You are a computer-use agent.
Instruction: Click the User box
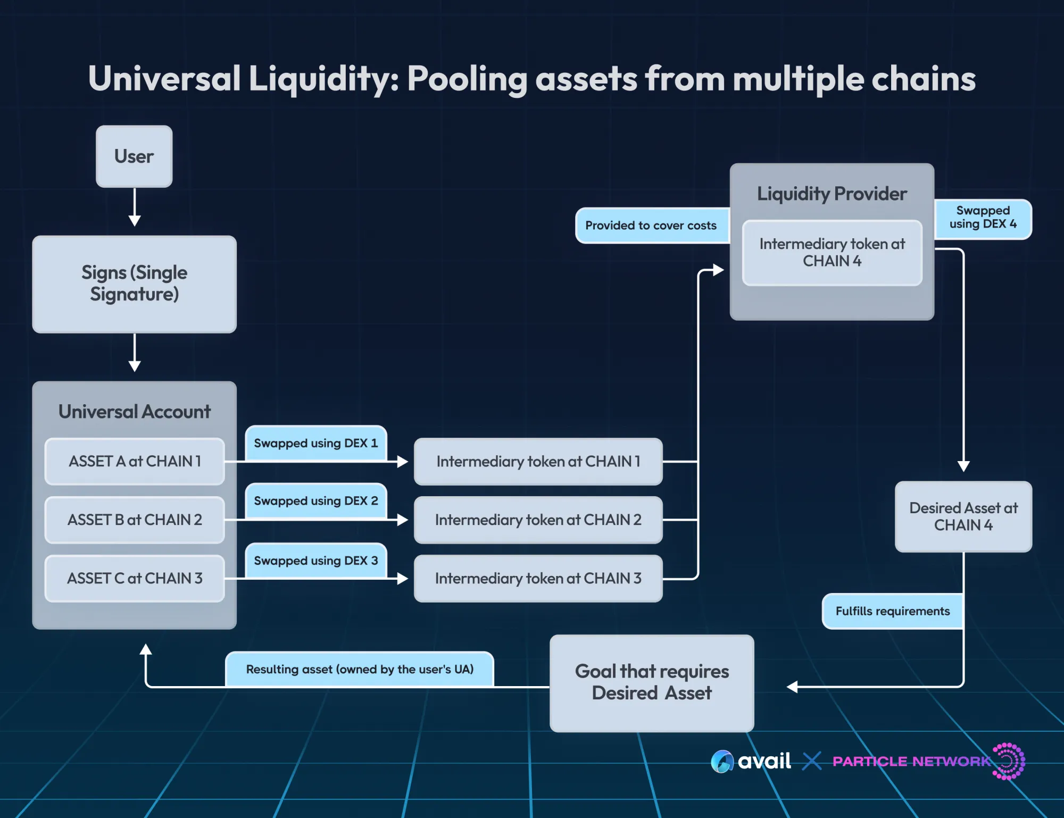(134, 156)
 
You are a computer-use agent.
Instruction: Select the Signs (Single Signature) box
(134, 284)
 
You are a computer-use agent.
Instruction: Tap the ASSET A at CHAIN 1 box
(135, 461)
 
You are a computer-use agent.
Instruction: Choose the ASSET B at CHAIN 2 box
(135, 520)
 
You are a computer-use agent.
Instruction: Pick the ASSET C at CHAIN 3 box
(135, 578)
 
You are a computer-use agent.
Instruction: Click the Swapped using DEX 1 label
(315, 443)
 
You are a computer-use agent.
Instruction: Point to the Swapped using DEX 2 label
(315, 500)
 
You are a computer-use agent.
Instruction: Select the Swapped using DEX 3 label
(315, 561)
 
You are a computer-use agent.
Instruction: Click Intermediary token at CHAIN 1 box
(538, 461)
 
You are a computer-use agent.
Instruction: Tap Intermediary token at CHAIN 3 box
(538, 578)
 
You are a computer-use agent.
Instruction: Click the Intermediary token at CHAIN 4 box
(832, 253)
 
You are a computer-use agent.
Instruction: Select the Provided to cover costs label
(651, 226)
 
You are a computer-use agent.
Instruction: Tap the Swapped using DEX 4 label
(983, 218)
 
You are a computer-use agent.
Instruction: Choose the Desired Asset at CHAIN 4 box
(963, 516)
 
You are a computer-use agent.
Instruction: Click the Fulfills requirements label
(892, 611)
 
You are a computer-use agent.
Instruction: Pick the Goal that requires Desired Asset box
(652, 682)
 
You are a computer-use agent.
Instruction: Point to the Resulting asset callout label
(360, 669)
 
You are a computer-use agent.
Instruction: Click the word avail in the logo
(764, 761)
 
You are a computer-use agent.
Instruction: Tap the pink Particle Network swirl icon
(1009, 761)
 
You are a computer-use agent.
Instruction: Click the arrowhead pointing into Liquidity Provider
(718, 270)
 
